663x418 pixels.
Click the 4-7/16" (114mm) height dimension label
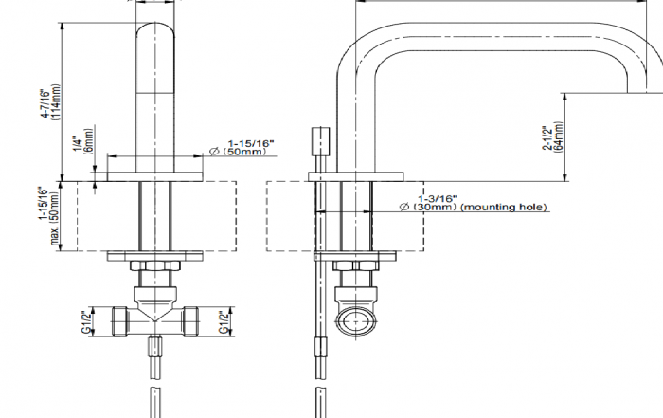(x=50, y=103)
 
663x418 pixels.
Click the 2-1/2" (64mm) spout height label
(x=552, y=137)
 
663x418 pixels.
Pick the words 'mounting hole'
(x=504, y=208)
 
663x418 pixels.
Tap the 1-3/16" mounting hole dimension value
(x=438, y=198)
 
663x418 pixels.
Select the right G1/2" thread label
(x=224, y=322)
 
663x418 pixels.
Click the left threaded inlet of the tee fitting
(x=121, y=321)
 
